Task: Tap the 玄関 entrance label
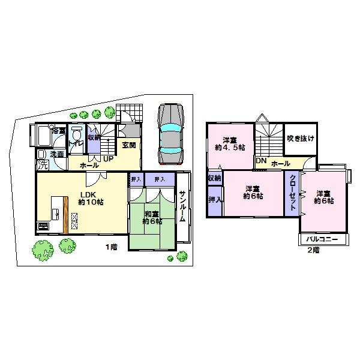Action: point(128,145)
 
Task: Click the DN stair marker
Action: point(261,161)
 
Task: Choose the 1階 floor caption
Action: point(111,247)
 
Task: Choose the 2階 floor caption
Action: point(313,250)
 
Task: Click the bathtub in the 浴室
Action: point(43,136)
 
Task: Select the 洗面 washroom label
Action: point(57,154)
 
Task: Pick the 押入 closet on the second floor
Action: point(214,199)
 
